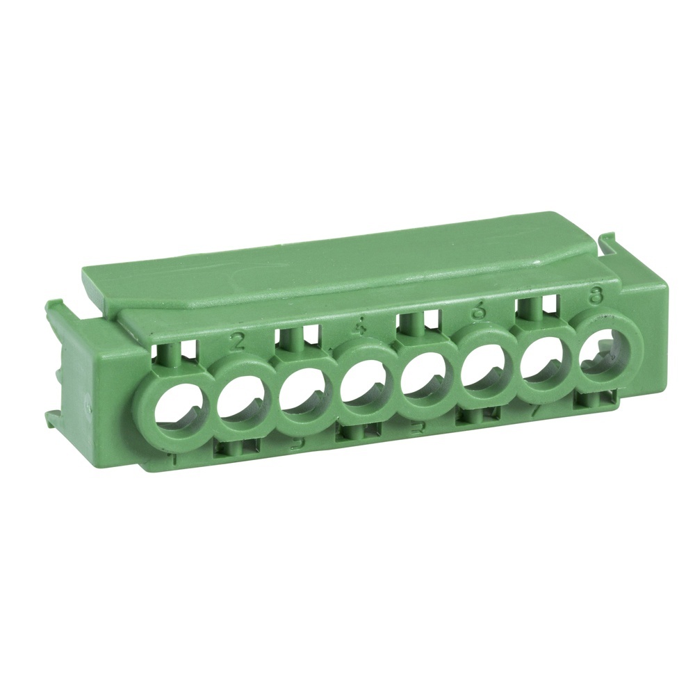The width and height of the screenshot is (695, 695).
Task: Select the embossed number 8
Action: coord(594,297)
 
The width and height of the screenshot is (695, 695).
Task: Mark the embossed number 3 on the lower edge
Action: coord(297,445)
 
